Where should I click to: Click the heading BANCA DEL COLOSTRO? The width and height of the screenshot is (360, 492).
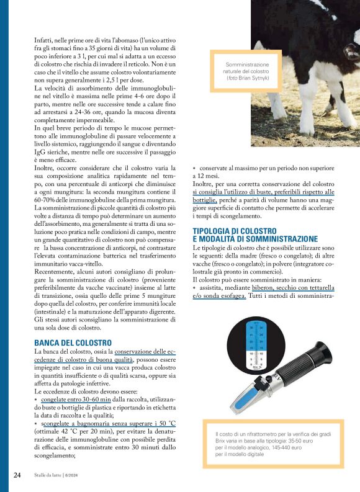(x=73, y=342)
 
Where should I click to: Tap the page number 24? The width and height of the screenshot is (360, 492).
(x=18, y=475)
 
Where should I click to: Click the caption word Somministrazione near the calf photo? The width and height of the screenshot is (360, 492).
(x=248, y=64)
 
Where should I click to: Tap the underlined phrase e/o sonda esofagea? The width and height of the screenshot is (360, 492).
(x=219, y=296)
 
